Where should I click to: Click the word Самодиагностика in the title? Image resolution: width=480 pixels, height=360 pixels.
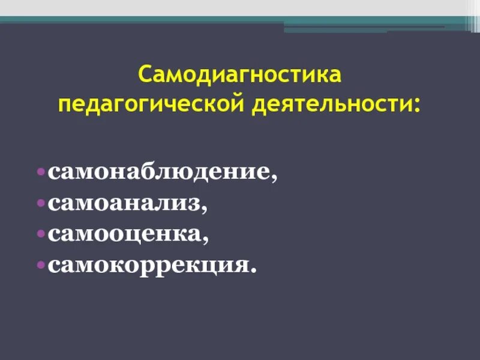(240, 76)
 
